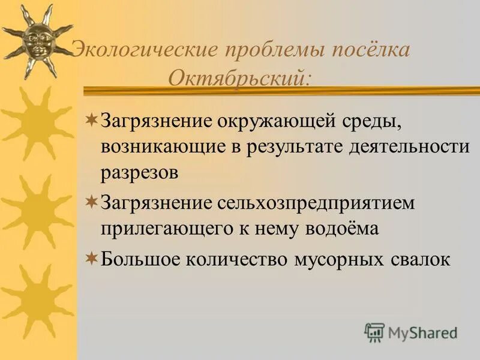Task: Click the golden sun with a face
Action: tap(37, 40)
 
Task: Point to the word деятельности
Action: tap(409, 147)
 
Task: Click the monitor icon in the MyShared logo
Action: tap(374, 332)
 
